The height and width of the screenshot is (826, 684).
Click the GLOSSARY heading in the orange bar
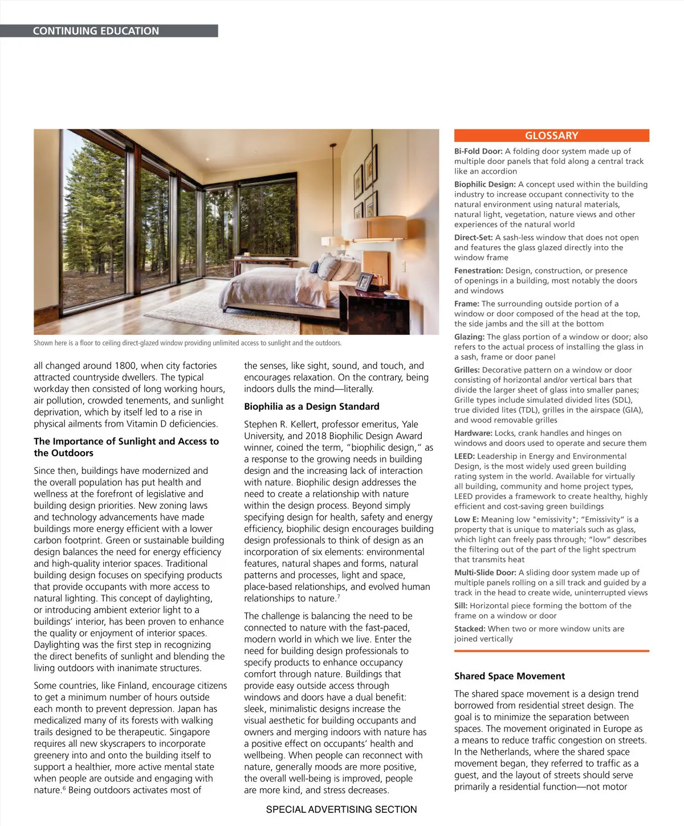pyautogui.click(x=551, y=136)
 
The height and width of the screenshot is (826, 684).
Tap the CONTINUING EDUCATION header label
pyautogui.click(x=96, y=31)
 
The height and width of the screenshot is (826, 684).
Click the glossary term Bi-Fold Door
pyautogui.click(x=478, y=151)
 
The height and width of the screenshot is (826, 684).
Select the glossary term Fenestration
pyautogui.click(x=478, y=271)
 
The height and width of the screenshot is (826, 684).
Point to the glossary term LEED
pyautogui.click(x=464, y=456)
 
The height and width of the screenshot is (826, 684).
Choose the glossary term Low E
pyautogui.click(x=466, y=520)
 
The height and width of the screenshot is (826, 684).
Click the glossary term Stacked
pyautogui.click(x=469, y=629)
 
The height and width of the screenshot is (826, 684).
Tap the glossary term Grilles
pyautogui.click(x=466, y=370)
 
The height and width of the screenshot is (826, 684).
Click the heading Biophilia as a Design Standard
pyautogui.click(x=311, y=407)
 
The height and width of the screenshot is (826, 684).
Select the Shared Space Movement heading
pyautogui.click(x=509, y=676)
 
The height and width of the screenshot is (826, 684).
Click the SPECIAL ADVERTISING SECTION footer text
pyautogui.click(x=341, y=809)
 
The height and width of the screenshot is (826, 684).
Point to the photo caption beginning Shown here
pyautogui.click(x=188, y=343)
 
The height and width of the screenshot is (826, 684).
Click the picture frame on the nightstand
pyautogui.click(x=365, y=281)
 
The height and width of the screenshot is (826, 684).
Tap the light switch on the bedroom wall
pyautogui.click(x=404, y=266)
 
